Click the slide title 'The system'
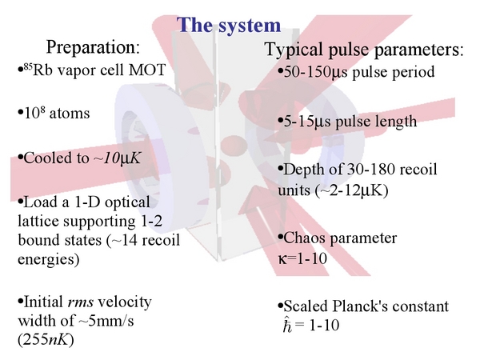click(229, 25)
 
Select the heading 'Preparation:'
click(93, 47)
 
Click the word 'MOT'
click(147, 70)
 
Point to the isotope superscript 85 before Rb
click(27, 67)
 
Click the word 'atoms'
click(69, 114)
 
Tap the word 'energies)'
click(49, 259)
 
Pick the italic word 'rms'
click(80, 302)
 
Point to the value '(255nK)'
click(46, 340)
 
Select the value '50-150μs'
click(316, 72)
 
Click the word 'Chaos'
click(304, 238)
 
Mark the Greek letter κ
click(282, 259)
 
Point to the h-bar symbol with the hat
click(288, 325)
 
